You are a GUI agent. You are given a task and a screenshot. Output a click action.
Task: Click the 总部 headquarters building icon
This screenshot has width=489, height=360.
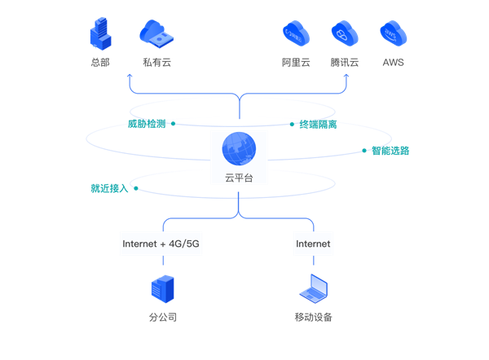pos(101,33)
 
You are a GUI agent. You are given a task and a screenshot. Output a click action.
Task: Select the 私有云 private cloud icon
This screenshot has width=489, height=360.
pos(156,33)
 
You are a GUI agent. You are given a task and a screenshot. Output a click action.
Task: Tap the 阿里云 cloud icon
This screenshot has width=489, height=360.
pos(296,33)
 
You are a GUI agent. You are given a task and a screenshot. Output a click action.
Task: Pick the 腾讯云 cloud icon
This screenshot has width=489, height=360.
pos(345,33)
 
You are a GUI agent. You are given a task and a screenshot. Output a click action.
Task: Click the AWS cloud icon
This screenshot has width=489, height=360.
pos(394,33)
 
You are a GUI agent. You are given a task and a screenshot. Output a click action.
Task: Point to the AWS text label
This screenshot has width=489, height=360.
pos(394,63)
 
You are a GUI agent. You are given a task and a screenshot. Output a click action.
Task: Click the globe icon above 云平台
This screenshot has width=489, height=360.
pos(239,149)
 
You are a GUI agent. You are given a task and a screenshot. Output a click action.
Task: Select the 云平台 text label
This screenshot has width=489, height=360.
pos(239,178)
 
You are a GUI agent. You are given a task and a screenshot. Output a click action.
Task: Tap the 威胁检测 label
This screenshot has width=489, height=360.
pos(147,124)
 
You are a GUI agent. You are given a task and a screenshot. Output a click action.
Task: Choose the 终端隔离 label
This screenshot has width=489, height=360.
pos(318,125)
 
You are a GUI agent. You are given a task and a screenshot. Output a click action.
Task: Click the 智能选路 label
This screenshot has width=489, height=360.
pos(390,151)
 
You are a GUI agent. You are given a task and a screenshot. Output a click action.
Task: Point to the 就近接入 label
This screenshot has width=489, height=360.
pos(109,188)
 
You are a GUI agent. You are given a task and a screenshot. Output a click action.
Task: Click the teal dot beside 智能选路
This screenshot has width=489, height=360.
pos(364,151)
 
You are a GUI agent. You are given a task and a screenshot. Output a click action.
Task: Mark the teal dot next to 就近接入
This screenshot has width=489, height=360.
pos(136,188)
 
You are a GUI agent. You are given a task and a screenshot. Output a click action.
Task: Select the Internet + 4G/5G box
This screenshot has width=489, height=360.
pos(161,244)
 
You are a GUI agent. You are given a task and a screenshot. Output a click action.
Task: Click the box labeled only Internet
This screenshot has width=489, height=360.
pos(313,244)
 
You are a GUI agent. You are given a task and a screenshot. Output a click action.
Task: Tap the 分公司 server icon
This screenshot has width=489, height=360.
pos(162,289)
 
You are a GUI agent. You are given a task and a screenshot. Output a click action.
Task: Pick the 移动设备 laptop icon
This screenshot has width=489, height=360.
pos(314,288)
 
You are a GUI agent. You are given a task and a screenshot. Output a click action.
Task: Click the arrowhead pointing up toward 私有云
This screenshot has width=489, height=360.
pos(130,76)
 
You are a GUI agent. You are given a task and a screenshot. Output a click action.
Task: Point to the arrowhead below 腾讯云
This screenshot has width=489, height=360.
pos(346,76)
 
